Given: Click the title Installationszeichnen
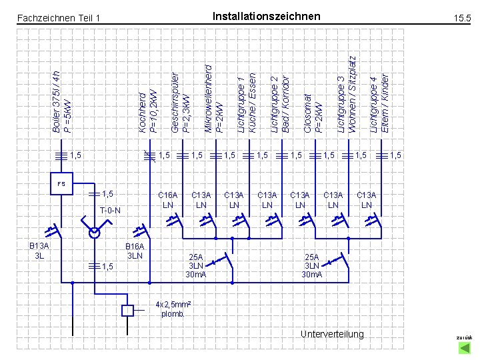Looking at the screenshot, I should coord(266,16).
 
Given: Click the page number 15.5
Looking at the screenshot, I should coord(461,21).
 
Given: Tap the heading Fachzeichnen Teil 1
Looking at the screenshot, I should coord(58,17).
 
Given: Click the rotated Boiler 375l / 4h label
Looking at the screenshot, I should coord(61,100).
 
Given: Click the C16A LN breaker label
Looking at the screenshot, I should coord(167,199).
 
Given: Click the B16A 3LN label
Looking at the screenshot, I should coord(135,251).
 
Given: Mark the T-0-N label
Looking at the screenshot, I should coord(109,211).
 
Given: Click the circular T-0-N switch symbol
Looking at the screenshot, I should coord(95,233).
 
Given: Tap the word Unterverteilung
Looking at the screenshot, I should coord(332,334).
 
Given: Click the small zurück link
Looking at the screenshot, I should coord(463,338).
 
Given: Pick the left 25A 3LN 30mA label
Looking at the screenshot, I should coord(196,265).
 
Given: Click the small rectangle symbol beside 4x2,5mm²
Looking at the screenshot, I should coord(128,310).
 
